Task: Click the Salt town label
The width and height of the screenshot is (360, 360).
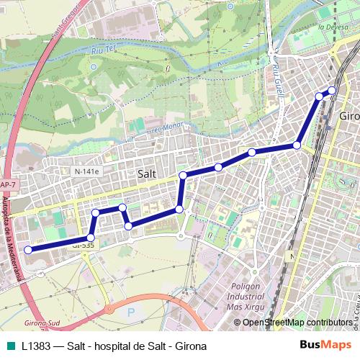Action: coord(146,174)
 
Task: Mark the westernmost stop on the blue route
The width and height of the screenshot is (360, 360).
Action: coord(29,250)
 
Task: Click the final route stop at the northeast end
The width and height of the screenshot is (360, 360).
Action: coord(333,90)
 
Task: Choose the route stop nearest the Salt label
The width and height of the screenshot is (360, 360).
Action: coord(183,175)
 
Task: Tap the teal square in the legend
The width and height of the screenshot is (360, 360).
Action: coord(11,346)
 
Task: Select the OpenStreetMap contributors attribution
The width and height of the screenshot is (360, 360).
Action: coord(297,323)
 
